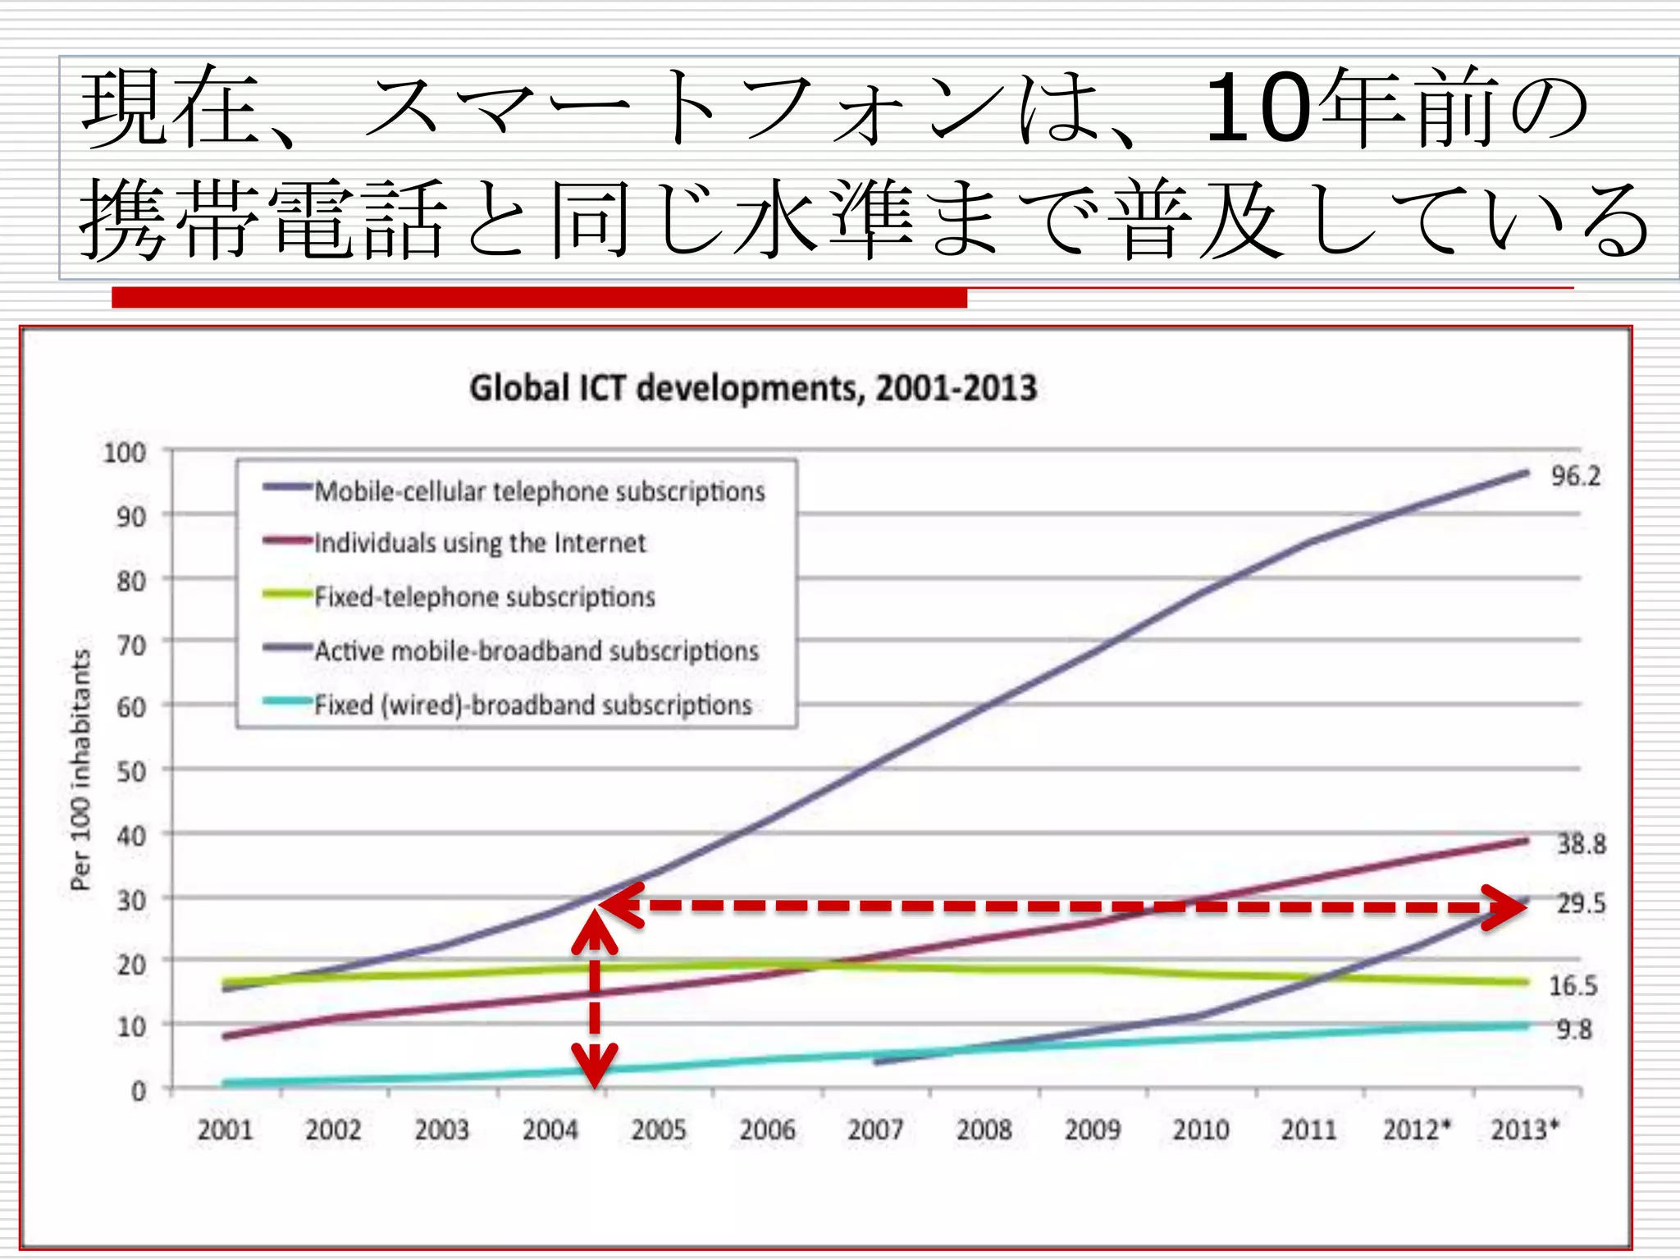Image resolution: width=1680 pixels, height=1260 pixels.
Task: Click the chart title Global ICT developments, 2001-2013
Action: pos(752,388)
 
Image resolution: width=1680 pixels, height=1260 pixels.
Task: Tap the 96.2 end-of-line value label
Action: pos(1575,476)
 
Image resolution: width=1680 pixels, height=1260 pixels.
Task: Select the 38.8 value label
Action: pos(1581,843)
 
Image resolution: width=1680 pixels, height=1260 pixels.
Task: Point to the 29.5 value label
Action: pos(1581,903)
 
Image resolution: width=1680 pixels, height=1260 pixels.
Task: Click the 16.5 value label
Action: pos(1573,985)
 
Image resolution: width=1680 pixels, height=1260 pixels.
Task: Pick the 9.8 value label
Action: pos(1573,1029)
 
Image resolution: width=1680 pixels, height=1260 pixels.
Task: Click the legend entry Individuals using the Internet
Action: pos(480,543)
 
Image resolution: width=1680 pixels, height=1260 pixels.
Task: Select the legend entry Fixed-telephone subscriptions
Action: pos(484,596)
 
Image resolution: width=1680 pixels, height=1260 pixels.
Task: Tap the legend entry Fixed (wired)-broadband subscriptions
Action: pos(533,705)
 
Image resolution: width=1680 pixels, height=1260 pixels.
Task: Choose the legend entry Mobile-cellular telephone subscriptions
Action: pos(539,491)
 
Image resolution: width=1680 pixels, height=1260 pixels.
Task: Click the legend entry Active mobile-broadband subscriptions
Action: pos(536,651)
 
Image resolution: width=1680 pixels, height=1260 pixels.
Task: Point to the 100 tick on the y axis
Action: pos(124,453)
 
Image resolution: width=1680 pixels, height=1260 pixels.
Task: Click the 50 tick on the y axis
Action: pos(130,771)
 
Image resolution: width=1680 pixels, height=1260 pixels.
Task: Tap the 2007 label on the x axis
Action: pos(875,1130)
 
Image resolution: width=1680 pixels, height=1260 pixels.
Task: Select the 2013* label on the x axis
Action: pos(1523,1130)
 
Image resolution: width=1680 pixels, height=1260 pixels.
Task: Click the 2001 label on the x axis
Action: pos(225,1130)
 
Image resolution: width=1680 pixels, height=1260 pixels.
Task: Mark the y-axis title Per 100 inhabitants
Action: pos(80,769)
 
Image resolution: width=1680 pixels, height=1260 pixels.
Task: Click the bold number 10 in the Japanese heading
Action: pos(1255,108)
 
